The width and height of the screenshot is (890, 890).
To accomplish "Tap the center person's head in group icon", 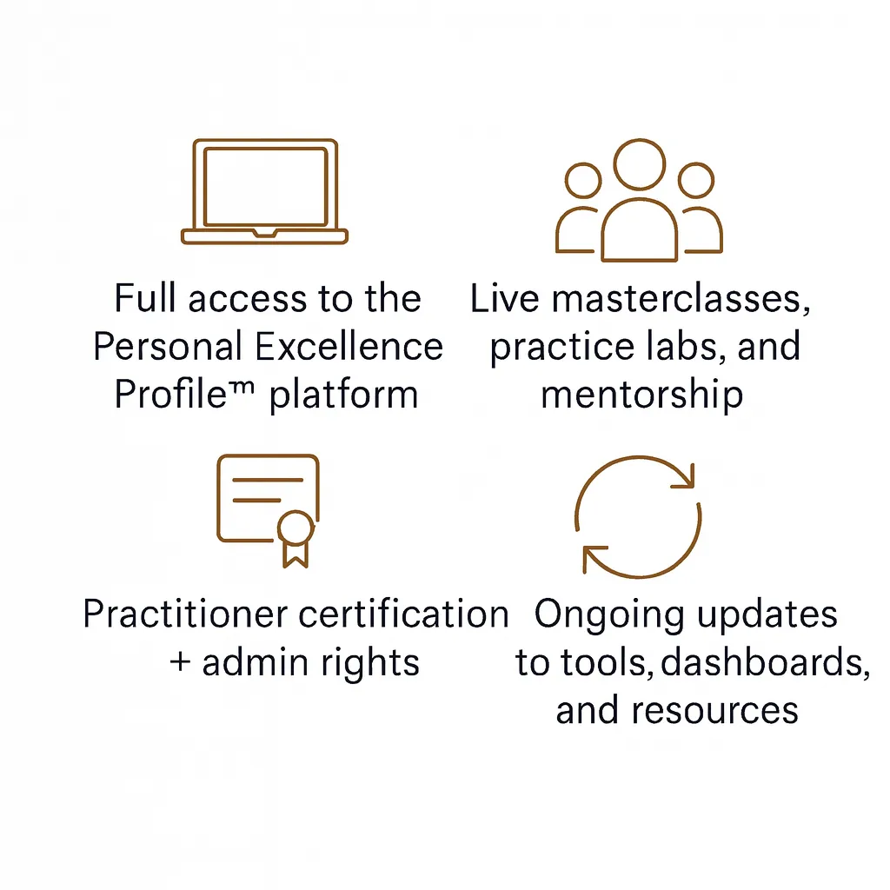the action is coord(639,164).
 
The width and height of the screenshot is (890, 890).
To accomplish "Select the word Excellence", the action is coord(349,346).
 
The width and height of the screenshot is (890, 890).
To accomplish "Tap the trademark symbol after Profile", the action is coord(242,388).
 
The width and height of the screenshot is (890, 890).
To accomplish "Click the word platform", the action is coord(343,395).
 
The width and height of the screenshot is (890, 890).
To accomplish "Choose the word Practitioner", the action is coord(186,614).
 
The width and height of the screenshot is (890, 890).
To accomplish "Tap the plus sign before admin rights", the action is coord(180,661).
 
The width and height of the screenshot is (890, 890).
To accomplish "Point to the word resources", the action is coord(715,711).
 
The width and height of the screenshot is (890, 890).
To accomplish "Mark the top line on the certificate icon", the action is coord(268,480).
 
